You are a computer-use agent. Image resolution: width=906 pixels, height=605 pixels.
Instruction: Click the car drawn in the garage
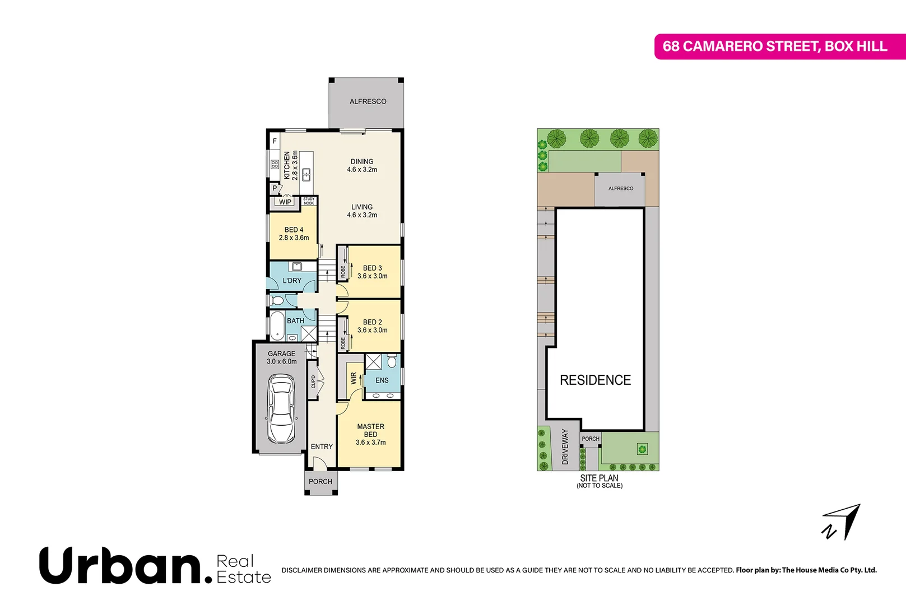pyautogui.click(x=281, y=409)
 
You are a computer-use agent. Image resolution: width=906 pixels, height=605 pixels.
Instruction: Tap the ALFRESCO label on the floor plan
pyautogui.click(x=368, y=101)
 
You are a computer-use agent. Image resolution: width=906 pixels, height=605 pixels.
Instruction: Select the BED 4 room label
pyautogui.click(x=294, y=230)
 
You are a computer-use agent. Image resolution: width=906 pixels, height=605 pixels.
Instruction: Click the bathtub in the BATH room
pyautogui.click(x=277, y=326)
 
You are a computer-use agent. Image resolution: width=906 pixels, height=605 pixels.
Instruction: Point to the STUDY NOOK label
pyautogui.click(x=309, y=201)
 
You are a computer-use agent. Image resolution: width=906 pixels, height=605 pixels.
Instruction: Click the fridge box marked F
pyautogui.click(x=275, y=141)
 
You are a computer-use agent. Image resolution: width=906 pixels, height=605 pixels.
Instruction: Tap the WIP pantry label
pyautogui.click(x=285, y=202)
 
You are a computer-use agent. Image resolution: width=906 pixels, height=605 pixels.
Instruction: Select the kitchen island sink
pyautogui.click(x=306, y=174)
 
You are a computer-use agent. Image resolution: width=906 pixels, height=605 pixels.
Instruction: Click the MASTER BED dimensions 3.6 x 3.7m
pyautogui.click(x=370, y=443)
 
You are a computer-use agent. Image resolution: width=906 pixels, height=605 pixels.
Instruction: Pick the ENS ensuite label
pyautogui.click(x=382, y=380)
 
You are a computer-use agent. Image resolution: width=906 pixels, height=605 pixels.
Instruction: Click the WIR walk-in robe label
pyautogui.click(x=354, y=379)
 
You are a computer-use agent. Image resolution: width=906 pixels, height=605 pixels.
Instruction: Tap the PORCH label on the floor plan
pyautogui.click(x=320, y=482)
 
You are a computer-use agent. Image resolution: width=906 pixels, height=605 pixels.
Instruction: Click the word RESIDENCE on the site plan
pyautogui.click(x=595, y=380)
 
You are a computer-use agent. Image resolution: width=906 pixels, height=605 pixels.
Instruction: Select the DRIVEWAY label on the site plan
pyautogui.click(x=565, y=447)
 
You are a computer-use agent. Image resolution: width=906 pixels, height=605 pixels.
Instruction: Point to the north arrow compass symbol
pyautogui.click(x=842, y=523)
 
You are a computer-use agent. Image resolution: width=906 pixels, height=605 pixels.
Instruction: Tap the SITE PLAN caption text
pyautogui.click(x=599, y=478)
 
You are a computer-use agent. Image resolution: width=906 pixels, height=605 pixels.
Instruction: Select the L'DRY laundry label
pyautogui.click(x=292, y=281)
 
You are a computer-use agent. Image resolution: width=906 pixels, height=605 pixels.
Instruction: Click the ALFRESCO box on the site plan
pyautogui.click(x=620, y=189)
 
